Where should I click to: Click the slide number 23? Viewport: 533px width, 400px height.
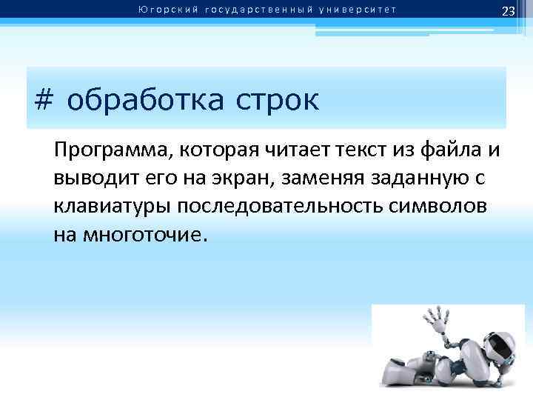(508, 11)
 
